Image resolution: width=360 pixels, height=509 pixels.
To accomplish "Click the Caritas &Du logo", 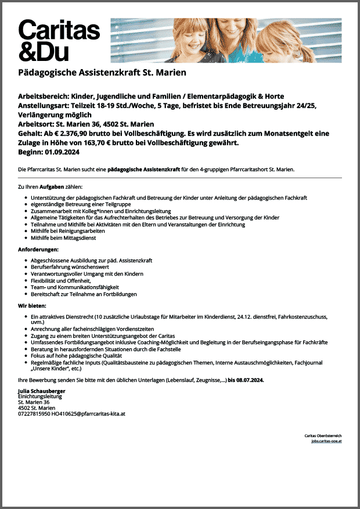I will [59, 39].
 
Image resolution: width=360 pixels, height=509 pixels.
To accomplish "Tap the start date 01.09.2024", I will [62, 152].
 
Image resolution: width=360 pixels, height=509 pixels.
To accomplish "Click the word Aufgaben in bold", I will [52, 187].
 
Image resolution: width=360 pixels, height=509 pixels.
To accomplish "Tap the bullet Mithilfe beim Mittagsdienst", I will [63, 238].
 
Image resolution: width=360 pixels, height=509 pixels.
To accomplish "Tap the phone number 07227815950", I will [34, 414].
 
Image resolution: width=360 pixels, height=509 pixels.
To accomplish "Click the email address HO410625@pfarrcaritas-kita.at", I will [88, 414].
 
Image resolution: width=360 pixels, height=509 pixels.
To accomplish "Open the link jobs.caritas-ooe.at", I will [326, 441].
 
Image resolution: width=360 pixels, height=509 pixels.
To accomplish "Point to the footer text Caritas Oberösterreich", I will [323, 435].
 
